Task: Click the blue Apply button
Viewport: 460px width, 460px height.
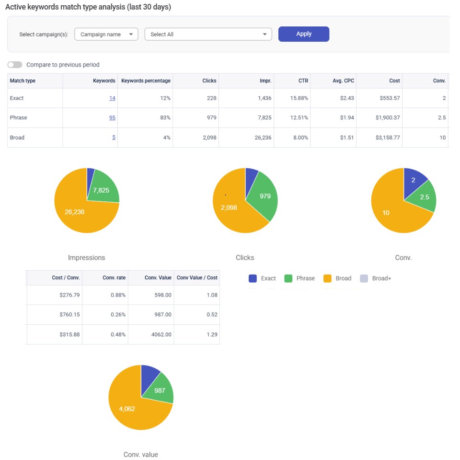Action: click(x=304, y=34)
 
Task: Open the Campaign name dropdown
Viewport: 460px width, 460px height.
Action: click(x=106, y=34)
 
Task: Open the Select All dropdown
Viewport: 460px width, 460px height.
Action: click(x=208, y=34)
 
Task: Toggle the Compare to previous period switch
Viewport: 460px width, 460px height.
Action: click(x=15, y=65)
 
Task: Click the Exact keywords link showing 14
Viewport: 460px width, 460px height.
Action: click(x=112, y=98)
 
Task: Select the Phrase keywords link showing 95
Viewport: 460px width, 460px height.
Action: click(x=112, y=117)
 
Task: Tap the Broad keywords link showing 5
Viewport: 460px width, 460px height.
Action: click(x=114, y=138)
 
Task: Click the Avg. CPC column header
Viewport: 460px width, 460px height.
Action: click(x=343, y=80)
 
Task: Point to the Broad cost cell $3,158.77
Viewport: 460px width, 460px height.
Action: click(x=388, y=138)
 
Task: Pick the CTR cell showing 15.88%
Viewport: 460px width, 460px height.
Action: click(x=299, y=98)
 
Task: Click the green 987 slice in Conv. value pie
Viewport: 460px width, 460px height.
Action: click(x=160, y=389)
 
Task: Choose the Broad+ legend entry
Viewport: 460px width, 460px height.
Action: click(x=376, y=278)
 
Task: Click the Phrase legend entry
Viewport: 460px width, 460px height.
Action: click(x=299, y=278)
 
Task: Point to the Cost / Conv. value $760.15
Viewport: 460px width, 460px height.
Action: click(x=69, y=314)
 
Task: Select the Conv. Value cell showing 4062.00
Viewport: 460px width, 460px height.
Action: click(x=161, y=334)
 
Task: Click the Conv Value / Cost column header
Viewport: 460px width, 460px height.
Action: click(x=197, y=277)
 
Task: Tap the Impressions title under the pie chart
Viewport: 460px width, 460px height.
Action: click(x=87, y=258)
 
